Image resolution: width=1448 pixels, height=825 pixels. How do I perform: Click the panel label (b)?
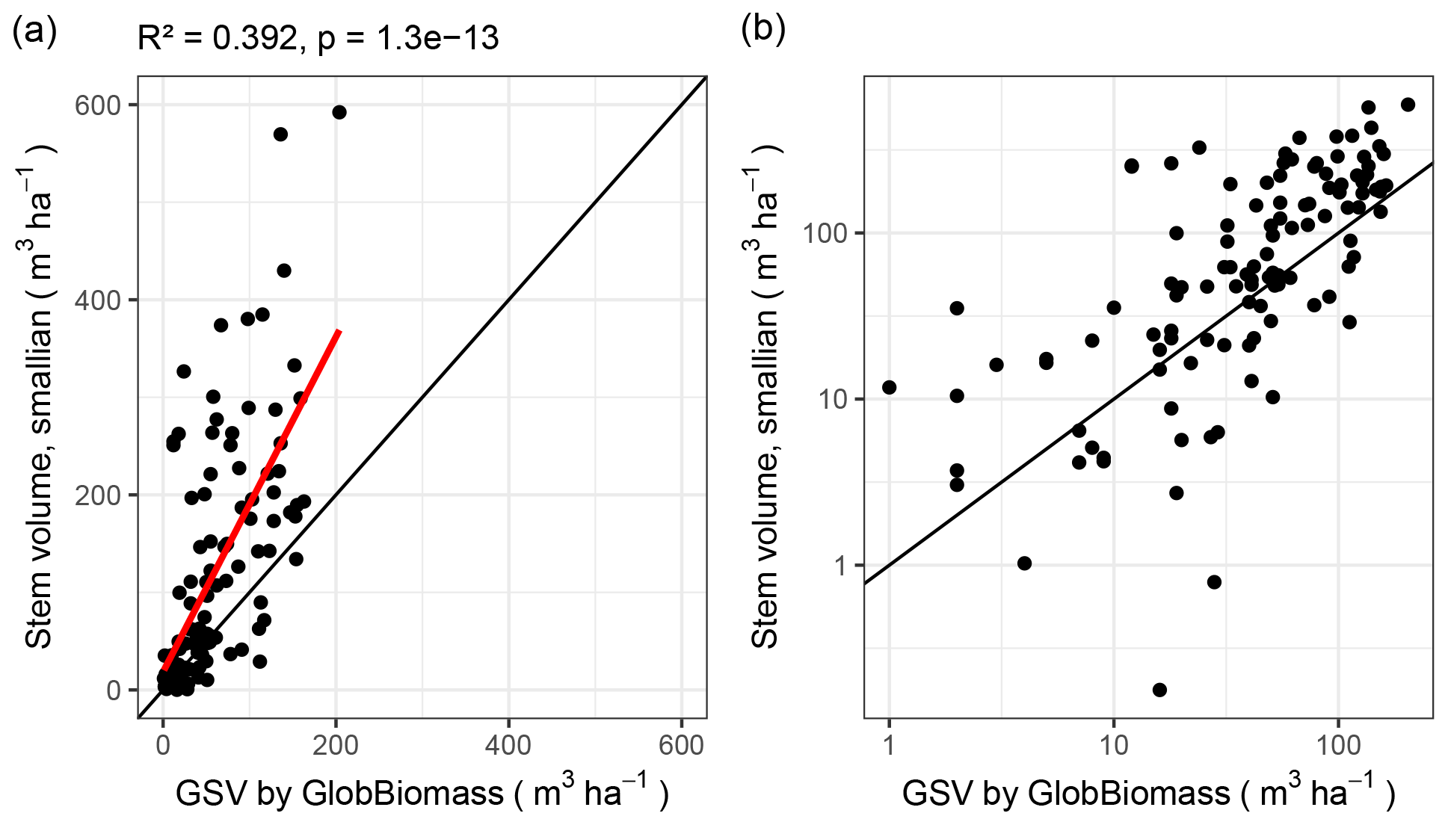click(762, 30)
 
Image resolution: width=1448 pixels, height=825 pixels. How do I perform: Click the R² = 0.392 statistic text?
click(218, 38)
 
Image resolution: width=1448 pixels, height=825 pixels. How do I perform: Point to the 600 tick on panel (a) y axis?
click(97, 105)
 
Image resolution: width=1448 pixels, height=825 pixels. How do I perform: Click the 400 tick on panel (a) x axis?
click(508, 745)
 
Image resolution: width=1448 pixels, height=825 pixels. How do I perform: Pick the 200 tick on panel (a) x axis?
click(336, 745)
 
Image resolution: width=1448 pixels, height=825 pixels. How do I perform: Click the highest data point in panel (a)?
click(339, 112)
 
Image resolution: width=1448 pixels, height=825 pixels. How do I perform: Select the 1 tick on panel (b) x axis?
click(889, 745)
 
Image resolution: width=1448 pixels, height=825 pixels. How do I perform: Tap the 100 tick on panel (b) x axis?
click(1338, 745)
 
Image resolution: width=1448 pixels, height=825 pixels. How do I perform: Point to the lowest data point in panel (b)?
click(1159, 690)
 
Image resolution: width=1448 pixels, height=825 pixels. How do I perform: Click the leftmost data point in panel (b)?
click(889, 387)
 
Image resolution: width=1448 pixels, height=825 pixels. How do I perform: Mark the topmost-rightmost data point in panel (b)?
click(1408, 105)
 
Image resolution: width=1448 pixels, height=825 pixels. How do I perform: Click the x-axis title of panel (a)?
click(422, 793)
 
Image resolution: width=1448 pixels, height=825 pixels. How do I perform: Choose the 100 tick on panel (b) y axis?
click(826, 233)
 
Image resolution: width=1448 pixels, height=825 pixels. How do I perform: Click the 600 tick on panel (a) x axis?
click(682, 745)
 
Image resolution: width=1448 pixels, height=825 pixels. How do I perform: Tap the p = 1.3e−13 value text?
click(408, 38)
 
